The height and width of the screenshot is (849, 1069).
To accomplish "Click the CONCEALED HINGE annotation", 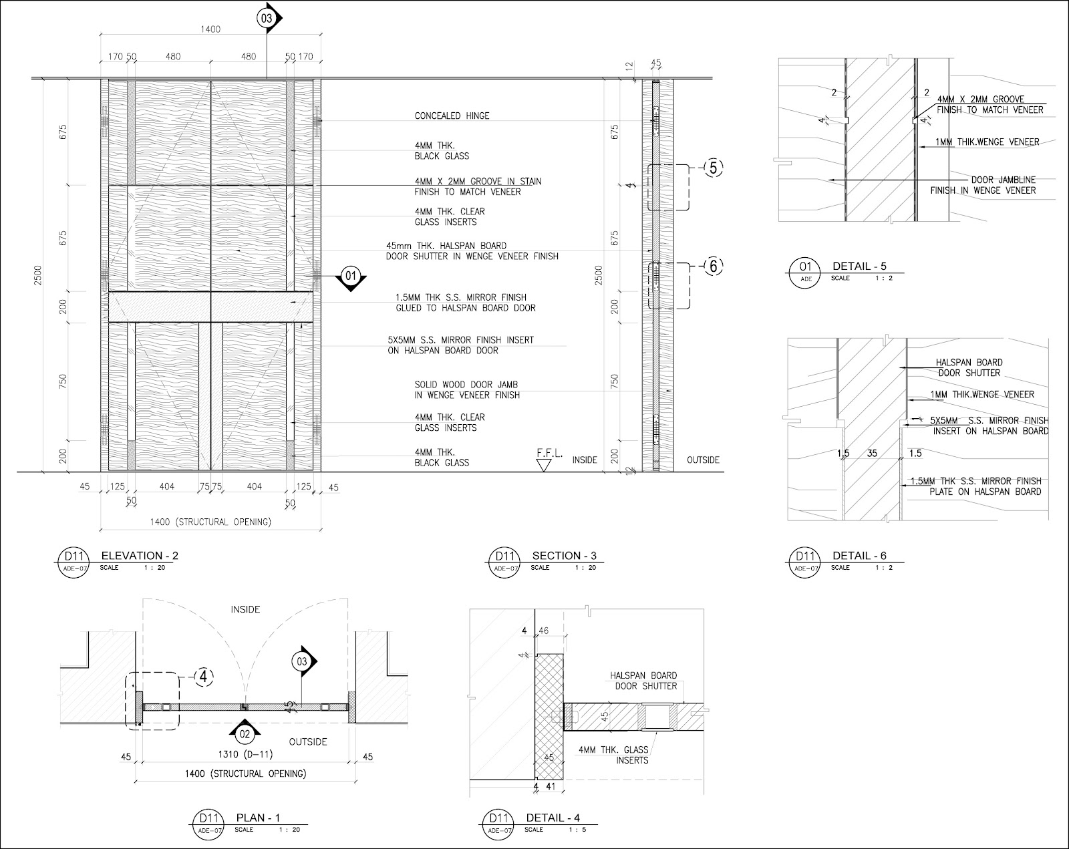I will (x=452, y=116).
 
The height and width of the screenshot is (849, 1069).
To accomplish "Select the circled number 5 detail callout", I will (x=713, y=168).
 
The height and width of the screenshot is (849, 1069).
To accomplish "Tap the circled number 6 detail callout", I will (x=713, y=266).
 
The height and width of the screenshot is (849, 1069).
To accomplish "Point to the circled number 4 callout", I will (x=204, y=677).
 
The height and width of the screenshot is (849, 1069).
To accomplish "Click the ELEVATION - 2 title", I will (x=140, y=556).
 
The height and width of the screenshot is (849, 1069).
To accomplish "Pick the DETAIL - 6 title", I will (x=859, y=556).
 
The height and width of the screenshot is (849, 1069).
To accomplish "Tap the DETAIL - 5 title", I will (x=859, y=266).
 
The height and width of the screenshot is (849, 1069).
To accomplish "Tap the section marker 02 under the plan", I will (x=245, y=733).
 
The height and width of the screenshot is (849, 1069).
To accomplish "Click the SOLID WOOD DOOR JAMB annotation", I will (x=466, y=390).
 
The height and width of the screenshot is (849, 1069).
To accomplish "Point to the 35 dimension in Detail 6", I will (x=872, y=454).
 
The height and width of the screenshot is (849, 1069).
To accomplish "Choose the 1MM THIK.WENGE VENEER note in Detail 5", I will (x=988, y=142).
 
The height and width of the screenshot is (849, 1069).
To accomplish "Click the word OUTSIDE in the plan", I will (x=308, y=741).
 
